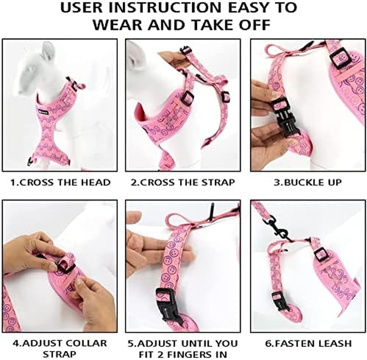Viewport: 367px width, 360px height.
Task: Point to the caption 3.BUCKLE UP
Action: click(x=308, y=182)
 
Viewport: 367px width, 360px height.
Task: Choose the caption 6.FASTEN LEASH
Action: click(x=308, y=343)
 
